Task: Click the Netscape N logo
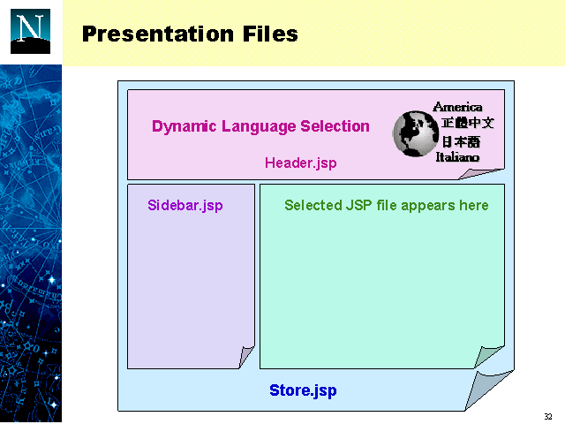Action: click(x=30, y=32)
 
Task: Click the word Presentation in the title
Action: click(x=158, y=34)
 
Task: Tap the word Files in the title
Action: click(x=270, y=34)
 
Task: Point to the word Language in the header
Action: click(x=259, y=126)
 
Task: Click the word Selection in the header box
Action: click(x=335, y=126)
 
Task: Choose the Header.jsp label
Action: click(x=301, y=163)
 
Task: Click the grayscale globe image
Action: click(x=416, y=133)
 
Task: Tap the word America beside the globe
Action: click(x=457, y=107)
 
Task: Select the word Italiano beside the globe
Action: click(x=457, y=157)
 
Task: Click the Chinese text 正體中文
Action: click(x=468, y=123)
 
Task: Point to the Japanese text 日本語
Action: click(x=461, y=141)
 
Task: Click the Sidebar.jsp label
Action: click(x=185, y=206)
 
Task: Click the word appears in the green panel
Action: click(x=428, y=206)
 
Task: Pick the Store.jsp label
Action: click(x=303, y=390)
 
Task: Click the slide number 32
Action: click(x=548, y=416)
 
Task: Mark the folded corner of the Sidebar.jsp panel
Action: click(x=245, y=356)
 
